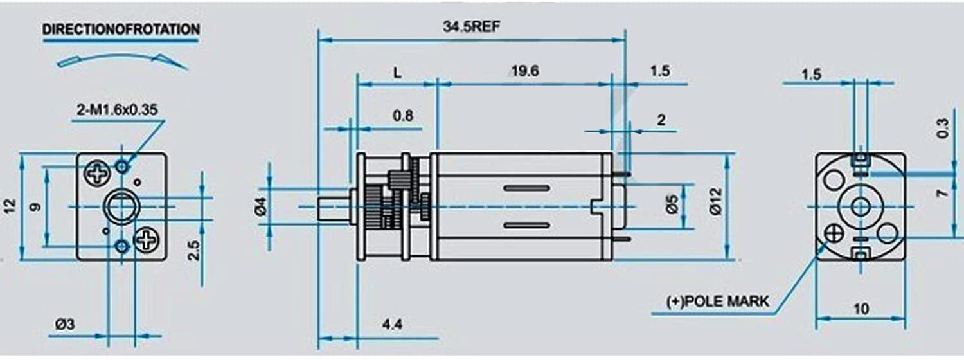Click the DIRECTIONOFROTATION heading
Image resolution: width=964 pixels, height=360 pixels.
tap(121, 30)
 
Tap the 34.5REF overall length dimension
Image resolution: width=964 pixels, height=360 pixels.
tap(470, 27)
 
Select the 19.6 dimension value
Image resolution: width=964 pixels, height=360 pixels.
tap(524, 71)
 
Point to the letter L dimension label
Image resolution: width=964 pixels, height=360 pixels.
tap(397, 73)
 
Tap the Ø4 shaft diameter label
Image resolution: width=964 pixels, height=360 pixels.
tap(260, 207)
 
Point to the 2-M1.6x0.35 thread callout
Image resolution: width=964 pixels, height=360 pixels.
tap(117, 110)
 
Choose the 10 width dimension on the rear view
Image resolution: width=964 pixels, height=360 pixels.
tap(861, 309)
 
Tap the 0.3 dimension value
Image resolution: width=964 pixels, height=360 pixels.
tap(943, 129)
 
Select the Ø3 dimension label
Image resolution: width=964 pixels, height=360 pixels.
tap(65, 325)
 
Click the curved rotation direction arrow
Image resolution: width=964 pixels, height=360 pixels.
tap(122, 59)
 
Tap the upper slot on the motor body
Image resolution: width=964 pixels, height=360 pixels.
tap(526, 188)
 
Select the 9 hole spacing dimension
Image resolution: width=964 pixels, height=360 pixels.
tap(35, 207)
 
